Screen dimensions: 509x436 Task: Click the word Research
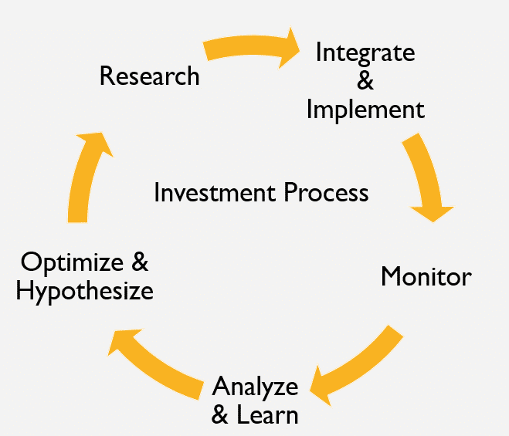(x=149, y=76)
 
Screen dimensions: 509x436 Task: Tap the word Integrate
(x=365, y=53)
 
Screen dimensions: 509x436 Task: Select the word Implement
(x=365, y=110)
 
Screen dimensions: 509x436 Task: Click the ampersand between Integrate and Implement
(x=365, y=80)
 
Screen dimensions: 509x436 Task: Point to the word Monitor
(x=426, y=276)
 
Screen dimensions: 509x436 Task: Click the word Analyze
(x=255, y=387)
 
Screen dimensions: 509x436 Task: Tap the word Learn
(x=267, y=414)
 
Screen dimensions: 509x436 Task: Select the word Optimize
(x=72, y=263)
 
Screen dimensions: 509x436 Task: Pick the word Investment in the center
(x=215, y=192)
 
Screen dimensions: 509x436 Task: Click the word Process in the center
(x=326, y=192)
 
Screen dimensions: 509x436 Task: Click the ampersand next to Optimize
(x=140, y=262)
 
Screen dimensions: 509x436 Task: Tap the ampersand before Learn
(x=220, y=414)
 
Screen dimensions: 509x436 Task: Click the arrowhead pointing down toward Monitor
(x=433, y=214)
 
